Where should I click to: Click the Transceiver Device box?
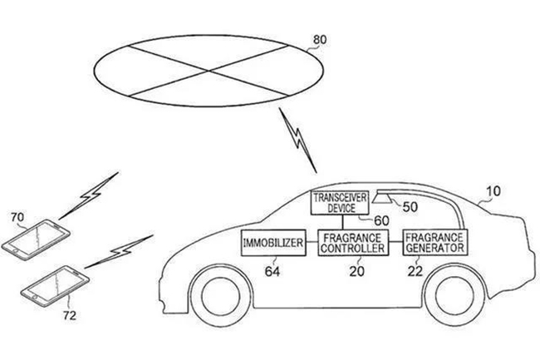point(340,203)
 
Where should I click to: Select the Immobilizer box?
point(273,243)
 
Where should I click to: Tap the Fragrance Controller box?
point(352,243)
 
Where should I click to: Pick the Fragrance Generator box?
point(435,243)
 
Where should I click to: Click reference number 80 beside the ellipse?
point(320,40)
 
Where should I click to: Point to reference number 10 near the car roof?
point(493,191)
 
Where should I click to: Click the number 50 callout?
point(410,207)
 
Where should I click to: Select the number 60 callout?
point(381,221)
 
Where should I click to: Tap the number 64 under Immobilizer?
point(272,272)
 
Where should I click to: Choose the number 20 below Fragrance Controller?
point(356,272)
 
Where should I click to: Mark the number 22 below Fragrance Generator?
point(415,272)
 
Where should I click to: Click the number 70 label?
point(17,217)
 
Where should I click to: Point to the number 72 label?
point(70,315)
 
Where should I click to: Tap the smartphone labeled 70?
point(36,239)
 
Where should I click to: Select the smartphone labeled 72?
point(55,285)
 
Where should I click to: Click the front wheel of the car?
point(221,297)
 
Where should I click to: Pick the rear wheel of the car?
point(455,296)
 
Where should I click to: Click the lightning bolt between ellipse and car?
point(297,141)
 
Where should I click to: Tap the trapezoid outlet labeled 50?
point(384,199)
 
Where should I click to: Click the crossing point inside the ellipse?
point(209,71)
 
